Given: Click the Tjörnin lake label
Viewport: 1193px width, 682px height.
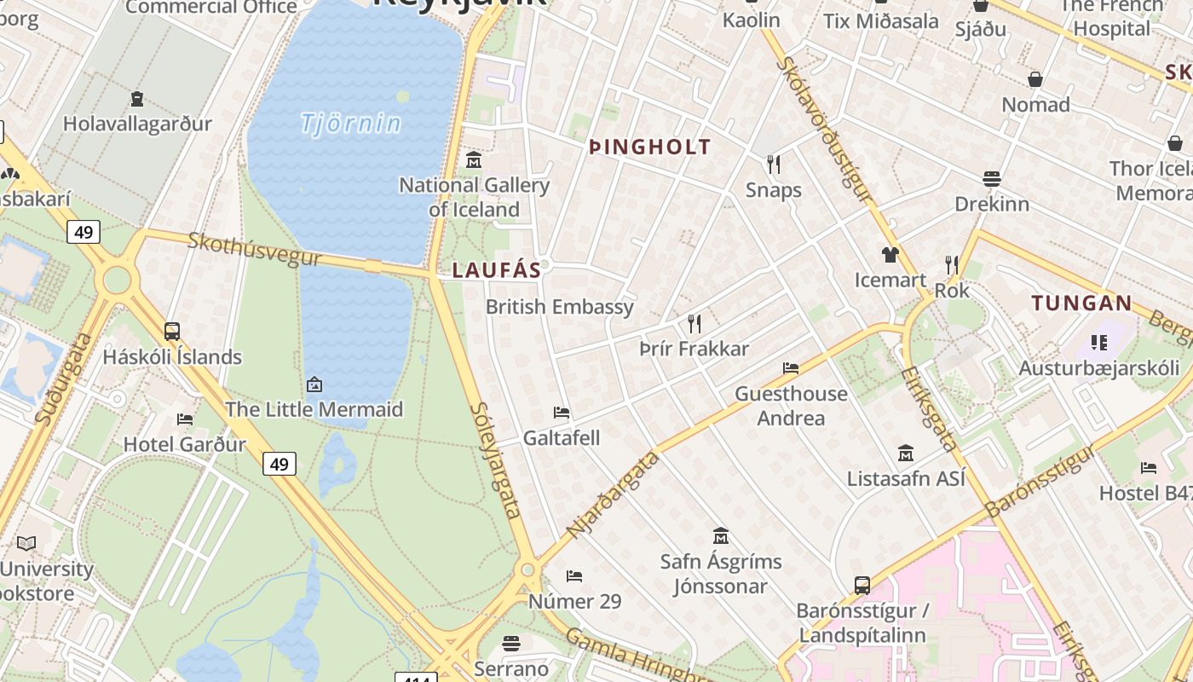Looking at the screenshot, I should [350, 124].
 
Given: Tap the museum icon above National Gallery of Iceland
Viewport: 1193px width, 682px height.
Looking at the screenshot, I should [474, 159].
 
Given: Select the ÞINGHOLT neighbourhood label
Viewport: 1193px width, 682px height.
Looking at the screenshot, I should [649, 147].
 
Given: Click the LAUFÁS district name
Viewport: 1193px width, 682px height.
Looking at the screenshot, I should [496, 270].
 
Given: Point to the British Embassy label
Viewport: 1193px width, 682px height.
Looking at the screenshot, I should [559, 307].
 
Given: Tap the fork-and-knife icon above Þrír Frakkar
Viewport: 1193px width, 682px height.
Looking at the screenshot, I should [694, 324].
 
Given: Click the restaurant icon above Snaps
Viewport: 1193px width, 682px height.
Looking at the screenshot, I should [774, 164].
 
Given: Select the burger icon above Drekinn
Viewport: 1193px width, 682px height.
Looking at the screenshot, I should [991, 179].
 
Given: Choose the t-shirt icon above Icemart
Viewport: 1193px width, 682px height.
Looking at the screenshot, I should [890, 254].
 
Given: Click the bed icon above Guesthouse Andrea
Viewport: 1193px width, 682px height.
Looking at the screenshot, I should [791, 368].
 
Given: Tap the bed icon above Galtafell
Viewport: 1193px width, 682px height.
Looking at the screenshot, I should [561, 413].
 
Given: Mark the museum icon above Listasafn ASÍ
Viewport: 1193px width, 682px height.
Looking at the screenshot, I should [906, 453].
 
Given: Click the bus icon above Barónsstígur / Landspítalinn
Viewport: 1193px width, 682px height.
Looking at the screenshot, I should [862, 586].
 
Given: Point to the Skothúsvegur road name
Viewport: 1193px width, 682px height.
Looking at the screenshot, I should [255, 249].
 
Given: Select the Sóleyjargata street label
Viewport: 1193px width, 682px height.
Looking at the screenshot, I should [495, 460].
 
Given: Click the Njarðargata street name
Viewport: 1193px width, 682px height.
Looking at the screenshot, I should [614, 494].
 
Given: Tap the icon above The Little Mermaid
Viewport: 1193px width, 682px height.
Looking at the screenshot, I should [314, 384].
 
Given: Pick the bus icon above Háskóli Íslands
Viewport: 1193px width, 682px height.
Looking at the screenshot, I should [172, 332].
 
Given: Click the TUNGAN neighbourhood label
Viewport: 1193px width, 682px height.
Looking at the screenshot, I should [1081, 303].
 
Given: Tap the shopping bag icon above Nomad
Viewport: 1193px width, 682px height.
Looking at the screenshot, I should [1035, 79].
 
